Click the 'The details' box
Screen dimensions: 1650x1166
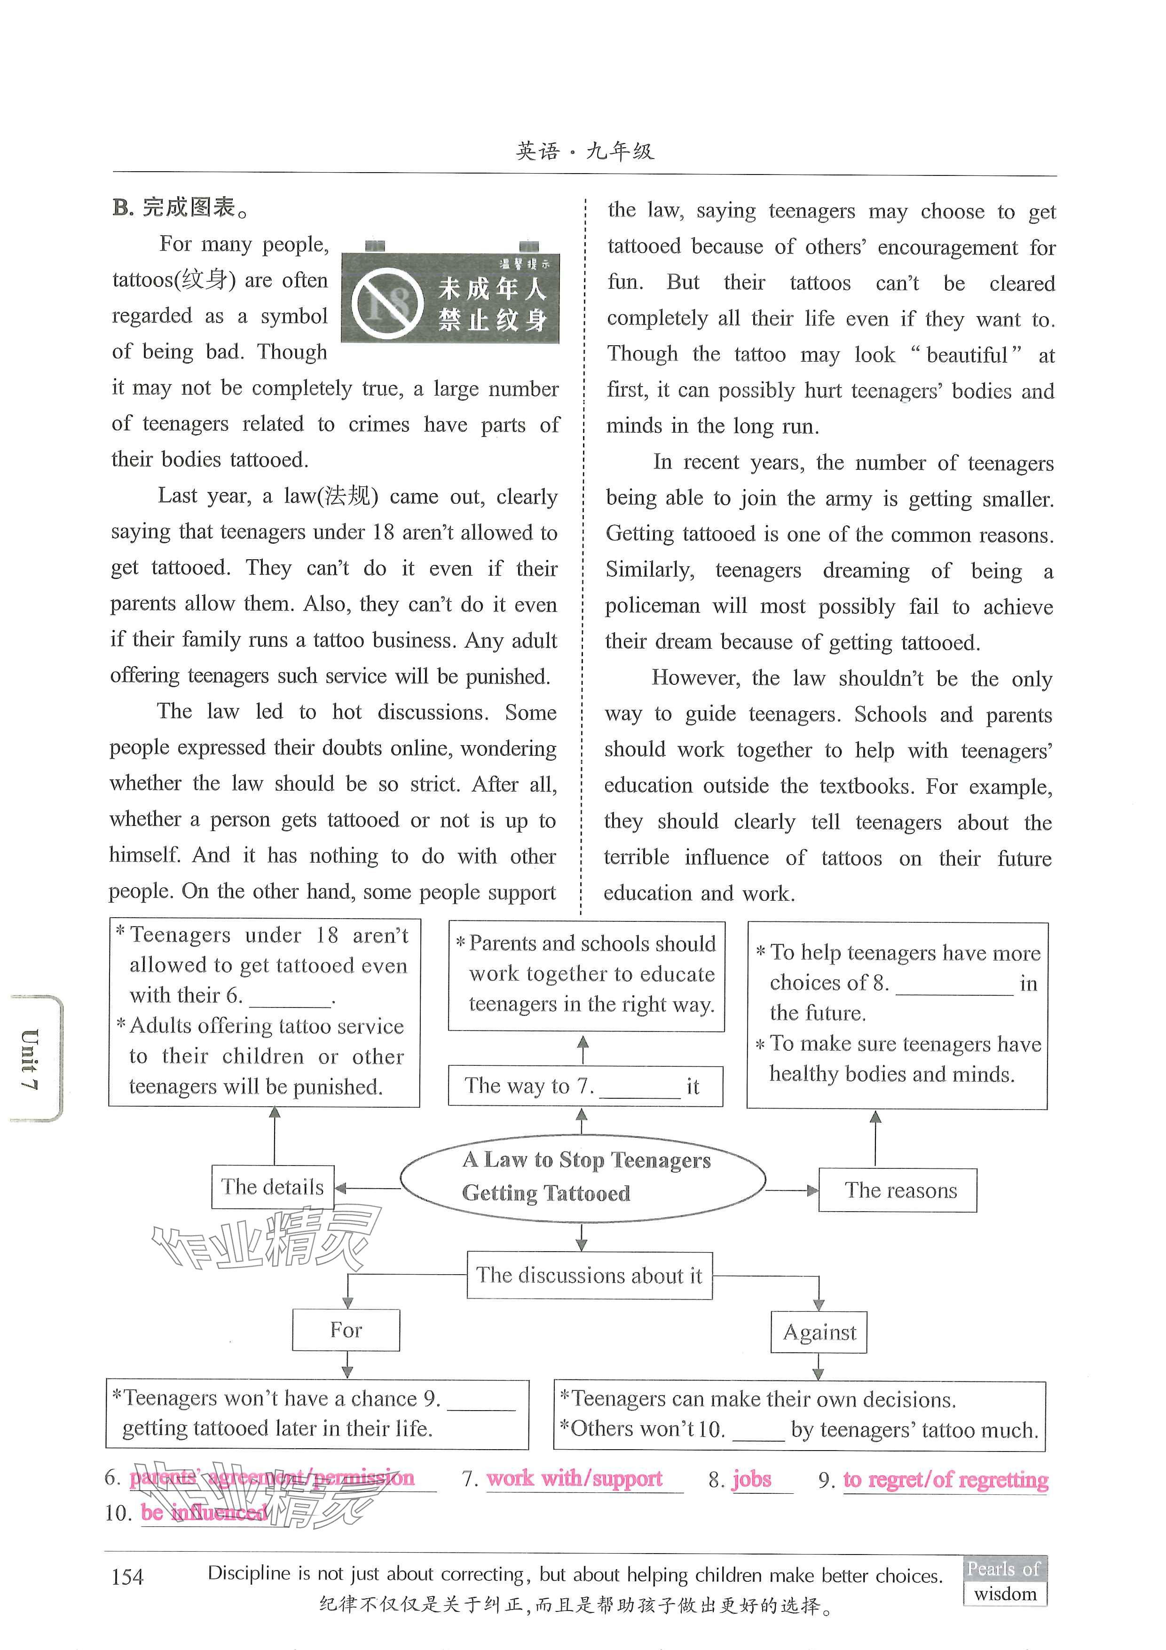point(273,1187)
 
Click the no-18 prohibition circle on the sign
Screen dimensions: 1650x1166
point(386,303)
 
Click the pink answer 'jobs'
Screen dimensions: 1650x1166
point(751,1478)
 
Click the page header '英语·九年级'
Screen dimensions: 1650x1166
point(585,151)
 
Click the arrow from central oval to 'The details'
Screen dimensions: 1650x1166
point(367,1188)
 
